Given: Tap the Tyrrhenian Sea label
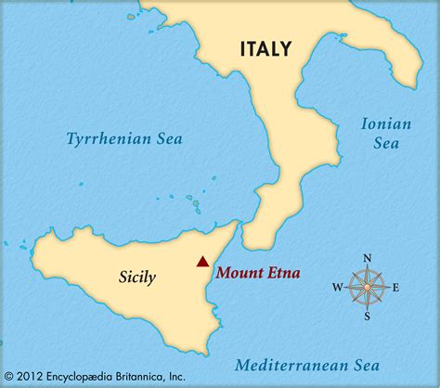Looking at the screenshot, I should pos(123,138).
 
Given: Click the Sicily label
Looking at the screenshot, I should pos(137,276).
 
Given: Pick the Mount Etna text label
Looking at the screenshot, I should pos(260,273).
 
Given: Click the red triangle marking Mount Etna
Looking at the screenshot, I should pos(202,262).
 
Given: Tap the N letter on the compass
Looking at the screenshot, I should pos(367,258).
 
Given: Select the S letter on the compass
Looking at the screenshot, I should pos(367,316).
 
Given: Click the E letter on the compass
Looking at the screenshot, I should pos(395,287).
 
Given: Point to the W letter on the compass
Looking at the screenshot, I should pos(337,287).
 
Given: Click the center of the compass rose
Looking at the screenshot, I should pos(367,287).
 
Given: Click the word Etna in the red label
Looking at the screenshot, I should pos(287,273).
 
